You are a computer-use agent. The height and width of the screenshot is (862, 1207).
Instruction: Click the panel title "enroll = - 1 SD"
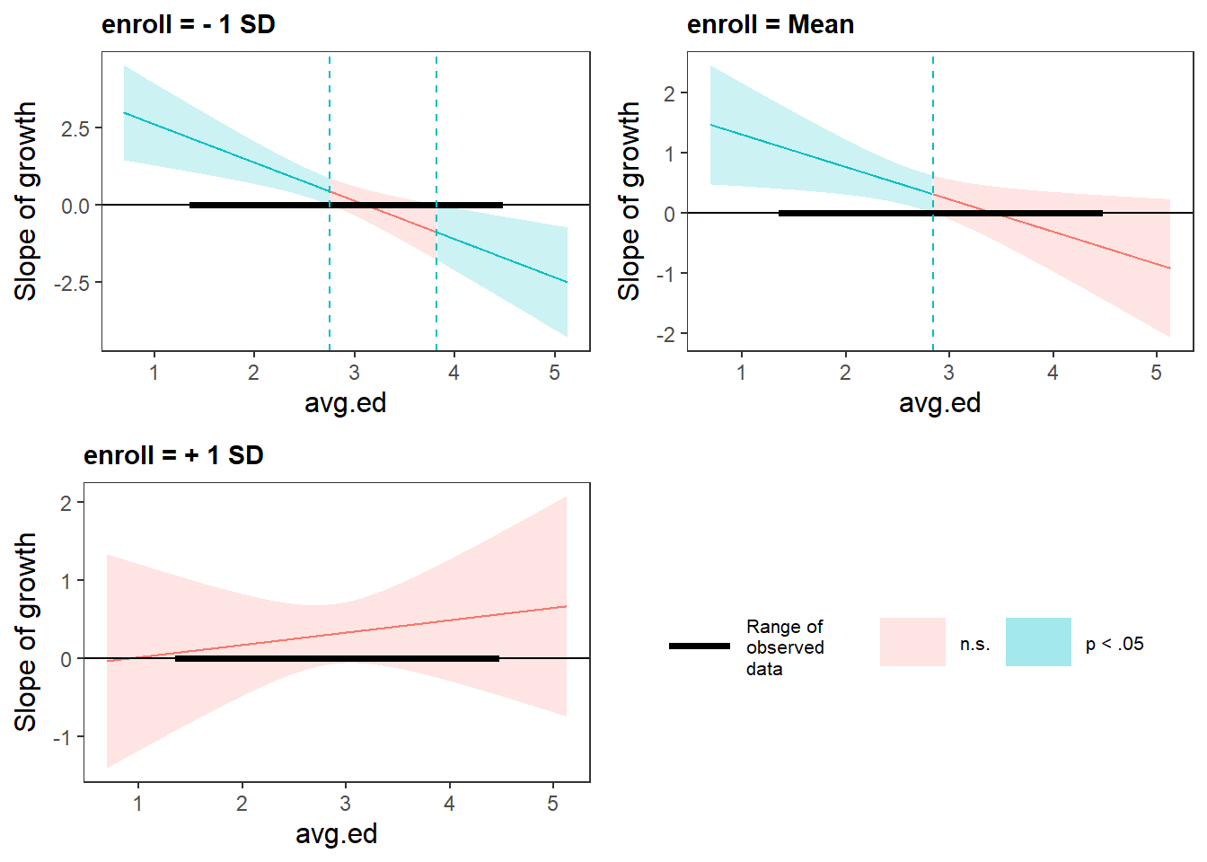tap(188, 24)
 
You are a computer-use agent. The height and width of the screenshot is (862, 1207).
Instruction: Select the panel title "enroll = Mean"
tap(770, 24)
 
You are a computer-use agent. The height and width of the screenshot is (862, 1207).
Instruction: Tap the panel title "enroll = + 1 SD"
tap(173, 455)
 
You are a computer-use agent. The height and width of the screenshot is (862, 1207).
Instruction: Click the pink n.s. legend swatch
tap(912, 642)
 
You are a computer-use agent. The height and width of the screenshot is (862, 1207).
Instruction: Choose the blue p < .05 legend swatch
tap(1038, 642)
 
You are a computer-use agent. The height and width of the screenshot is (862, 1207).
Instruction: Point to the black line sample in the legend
tap(700, 646)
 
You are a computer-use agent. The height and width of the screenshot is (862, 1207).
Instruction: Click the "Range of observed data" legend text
tap(784, 647)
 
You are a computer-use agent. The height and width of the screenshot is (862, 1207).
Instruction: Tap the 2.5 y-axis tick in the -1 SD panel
tap(75, 128)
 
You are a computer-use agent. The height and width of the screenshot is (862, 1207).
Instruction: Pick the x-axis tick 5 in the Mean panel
tap(1157, 372)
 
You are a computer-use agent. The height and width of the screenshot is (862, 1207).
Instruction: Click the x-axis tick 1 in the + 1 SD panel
tap(138, 803)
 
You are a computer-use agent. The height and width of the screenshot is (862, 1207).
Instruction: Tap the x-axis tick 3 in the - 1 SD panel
tap(354, 372)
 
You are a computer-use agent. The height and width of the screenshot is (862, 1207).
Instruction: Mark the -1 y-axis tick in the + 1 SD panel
tap(62, 737)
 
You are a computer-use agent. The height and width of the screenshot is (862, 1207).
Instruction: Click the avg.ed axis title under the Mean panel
tap(939, 402)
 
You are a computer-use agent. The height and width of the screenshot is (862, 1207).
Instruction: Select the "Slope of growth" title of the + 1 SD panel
tap(25, 632)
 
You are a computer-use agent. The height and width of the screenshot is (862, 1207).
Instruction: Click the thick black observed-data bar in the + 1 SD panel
tap(337, 658)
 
